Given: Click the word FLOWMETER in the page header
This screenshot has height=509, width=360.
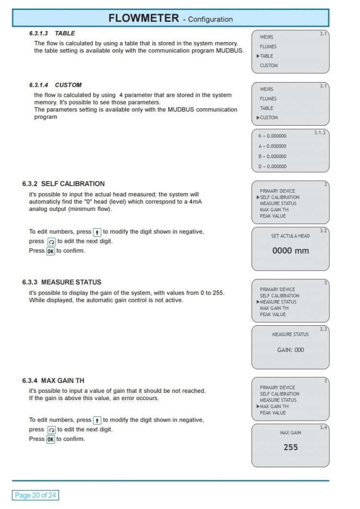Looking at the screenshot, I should [x=143, y=18].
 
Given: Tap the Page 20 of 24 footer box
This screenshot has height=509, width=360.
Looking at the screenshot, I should [x=35, y=495].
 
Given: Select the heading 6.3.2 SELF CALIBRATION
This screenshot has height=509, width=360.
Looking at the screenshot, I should [x=63, y=184].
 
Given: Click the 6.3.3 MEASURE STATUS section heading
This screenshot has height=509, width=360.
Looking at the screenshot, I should [x=61, y=282].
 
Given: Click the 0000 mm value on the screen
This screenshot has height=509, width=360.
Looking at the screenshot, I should [x=290, y=250].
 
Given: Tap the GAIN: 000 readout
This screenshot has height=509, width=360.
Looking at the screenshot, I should [x=290, y=350].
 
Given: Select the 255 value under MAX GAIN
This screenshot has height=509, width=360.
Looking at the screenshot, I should [x=290, y=447].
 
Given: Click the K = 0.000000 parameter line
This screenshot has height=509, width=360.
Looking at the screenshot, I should [x=272, y=136].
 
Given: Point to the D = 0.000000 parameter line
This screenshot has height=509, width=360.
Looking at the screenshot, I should [x=272, y=166].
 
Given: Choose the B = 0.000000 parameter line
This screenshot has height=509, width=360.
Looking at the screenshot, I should [x=272, y=156].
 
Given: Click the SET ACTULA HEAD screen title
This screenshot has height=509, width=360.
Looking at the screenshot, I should [x=290, y=236].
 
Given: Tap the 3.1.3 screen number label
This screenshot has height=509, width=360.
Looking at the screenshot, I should [x=319, y=132].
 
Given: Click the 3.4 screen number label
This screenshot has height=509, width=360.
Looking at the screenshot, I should [x=324, y=427].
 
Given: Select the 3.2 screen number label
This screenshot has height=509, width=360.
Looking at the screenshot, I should [x=324, y=231].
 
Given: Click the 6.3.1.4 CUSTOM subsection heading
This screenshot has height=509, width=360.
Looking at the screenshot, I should [x=55, y=85].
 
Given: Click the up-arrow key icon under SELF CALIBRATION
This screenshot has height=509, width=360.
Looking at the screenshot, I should [x=96, y=232].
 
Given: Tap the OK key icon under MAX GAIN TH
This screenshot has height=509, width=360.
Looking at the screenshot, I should [x=50, y=439].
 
